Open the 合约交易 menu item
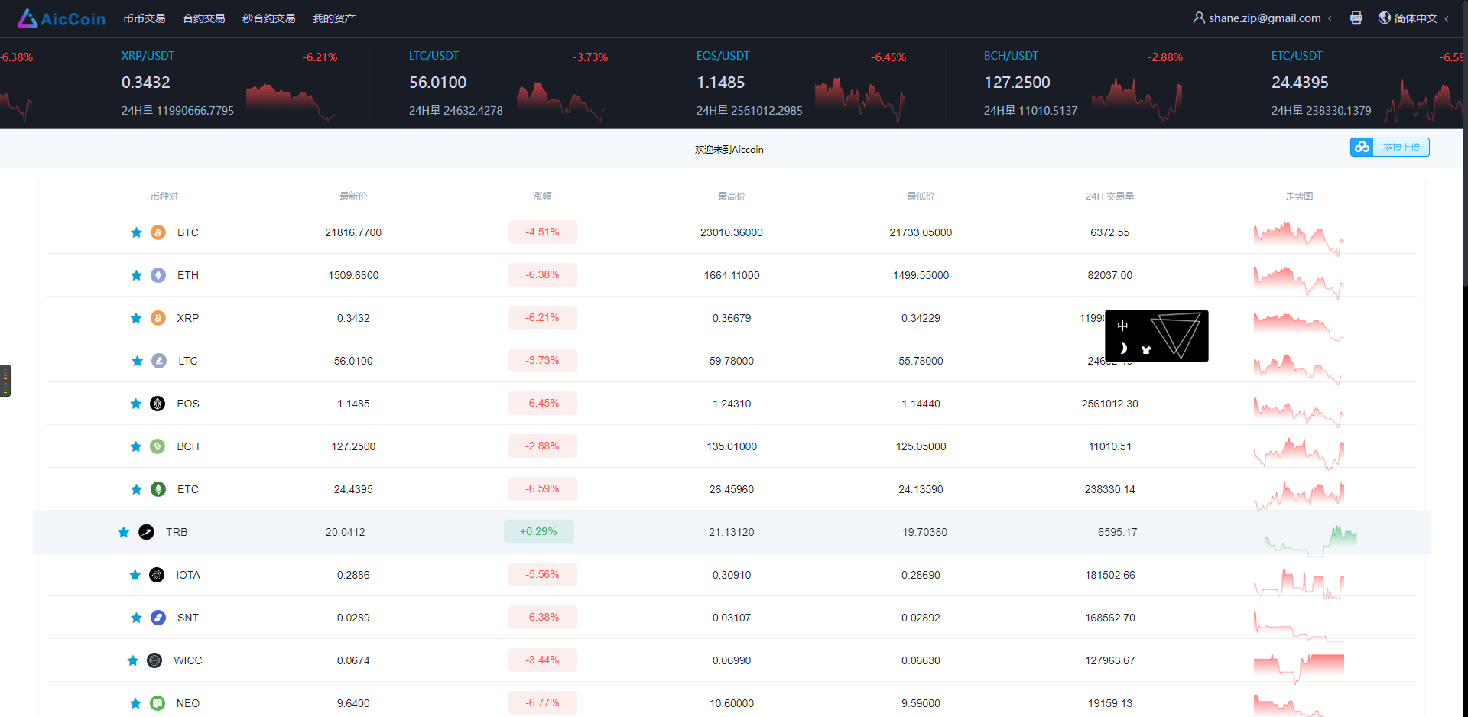pos(203,18)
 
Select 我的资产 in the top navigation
pos(333,18)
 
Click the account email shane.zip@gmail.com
pos(1264,18)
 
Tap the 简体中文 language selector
pos(1415,18)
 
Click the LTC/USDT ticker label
pos(434,56)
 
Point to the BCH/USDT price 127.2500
pos(1017,83)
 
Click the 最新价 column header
pos(353,196)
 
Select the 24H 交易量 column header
pos(1109,196)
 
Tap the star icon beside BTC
pos(136,232)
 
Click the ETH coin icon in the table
pos(158,275)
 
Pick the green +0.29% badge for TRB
pos(538,532)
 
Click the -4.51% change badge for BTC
pos(542,232)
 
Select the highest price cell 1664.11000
pos(732,275)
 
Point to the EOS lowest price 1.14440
pos(921,404)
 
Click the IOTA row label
pos(187,575)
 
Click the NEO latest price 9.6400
pos(353,703)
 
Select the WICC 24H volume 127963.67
pos(1109,660)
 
